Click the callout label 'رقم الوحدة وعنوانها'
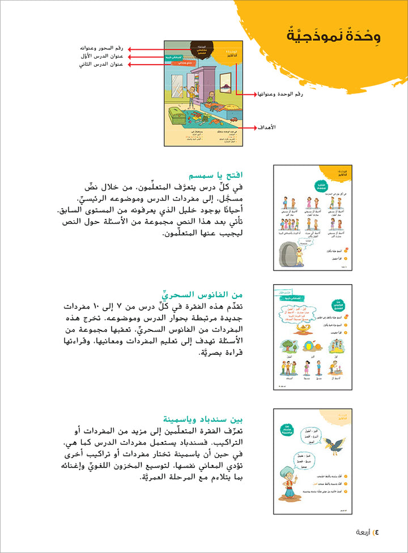274,93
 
